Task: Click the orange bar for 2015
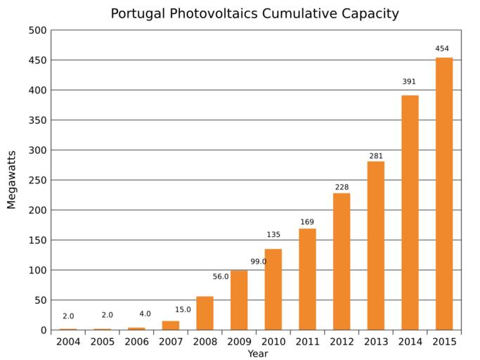[x=444, y=193]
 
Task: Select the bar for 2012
[x=342, y=262]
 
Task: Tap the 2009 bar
[x=239, y=300]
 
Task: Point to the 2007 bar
[x=171, y=326]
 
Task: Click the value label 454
[x=443, y=49]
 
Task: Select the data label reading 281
[x=376, y=155]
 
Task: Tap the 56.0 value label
[x=221, y=277]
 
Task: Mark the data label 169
[x=307, y=222]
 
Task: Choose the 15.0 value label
[x=183, y=309]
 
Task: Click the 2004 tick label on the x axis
[x=68, y=342]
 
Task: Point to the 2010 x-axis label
[x=273, y=342]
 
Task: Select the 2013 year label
[x=376, y=342]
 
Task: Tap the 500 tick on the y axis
[x=38, y=30]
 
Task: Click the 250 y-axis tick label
[x=38, y=180]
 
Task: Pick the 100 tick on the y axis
[x=38, y=270]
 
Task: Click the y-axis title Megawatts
[x=11, y=179]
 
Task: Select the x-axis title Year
[x=257, y=354]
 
